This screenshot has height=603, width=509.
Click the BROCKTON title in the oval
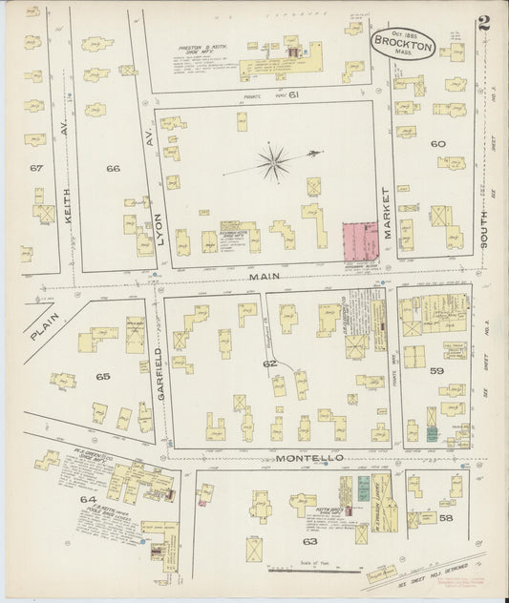pyautogui.click(x=403, y=44)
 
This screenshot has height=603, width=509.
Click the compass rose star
pyautogui.click(x=273, y=162)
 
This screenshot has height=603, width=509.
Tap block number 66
pyautogui.click(x=113, y=169)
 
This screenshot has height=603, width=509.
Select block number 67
pyautogui.click(x=36, y=168)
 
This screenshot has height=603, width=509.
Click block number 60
pyautogui.click(x=438, y=144)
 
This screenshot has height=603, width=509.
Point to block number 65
pyautogui.click(x=103, y=376)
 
